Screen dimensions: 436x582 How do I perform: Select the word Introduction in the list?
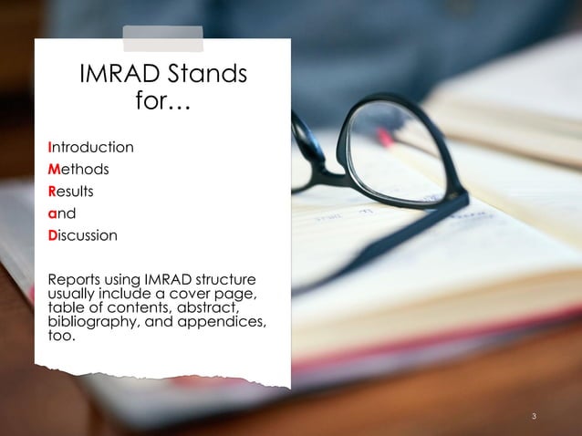pos(90,147)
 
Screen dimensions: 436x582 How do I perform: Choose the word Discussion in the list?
pos(83,235)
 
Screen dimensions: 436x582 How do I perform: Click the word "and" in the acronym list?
pos(60,213)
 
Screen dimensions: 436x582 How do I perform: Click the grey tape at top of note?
pos(163,37)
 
